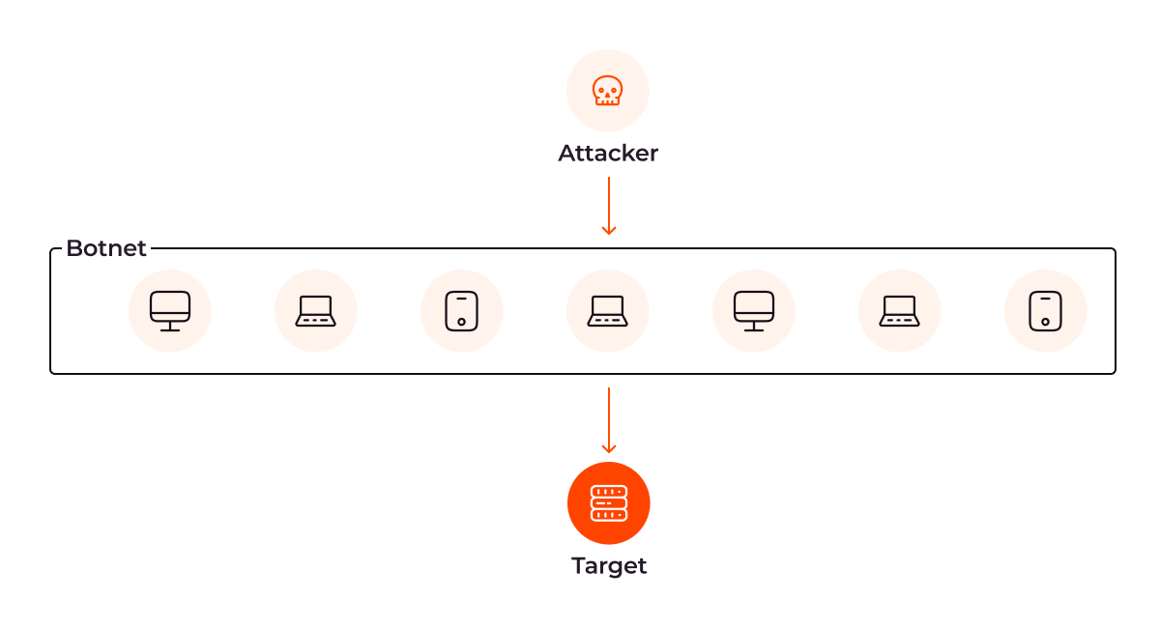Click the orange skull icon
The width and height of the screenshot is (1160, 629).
[607, 91]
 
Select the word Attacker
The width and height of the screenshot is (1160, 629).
[608, 154]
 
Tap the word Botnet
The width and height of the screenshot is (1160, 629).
[106, 248]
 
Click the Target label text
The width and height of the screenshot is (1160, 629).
[609, 566]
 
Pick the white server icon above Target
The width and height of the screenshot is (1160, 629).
[609, 503]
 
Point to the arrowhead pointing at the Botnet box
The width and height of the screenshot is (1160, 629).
[609, 230]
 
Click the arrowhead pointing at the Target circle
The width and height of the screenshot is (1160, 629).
[609, 448]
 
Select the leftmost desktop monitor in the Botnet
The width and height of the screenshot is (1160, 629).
[170, 311]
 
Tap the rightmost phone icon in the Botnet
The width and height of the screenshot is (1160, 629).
[1045, 311]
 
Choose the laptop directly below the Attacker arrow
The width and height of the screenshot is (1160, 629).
[607, 311]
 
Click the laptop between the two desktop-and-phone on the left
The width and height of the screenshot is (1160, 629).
[315, 311]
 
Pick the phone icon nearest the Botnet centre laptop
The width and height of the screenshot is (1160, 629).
[461, 311]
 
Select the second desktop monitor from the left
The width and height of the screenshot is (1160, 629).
[753, 311]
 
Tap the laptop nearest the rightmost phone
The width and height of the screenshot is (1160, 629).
[900, 311]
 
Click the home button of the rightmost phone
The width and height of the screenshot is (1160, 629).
[1045, 322]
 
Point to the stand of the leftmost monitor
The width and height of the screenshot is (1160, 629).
[170, 327]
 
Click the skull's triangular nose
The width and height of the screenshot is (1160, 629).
[607, 96]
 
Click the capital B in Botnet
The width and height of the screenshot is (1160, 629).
[75, 248]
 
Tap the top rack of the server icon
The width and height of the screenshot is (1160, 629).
[609, 491]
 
